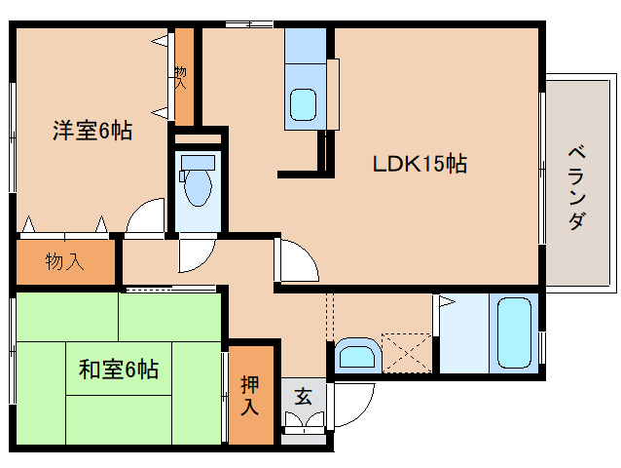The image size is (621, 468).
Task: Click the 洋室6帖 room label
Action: pyautogui.click(x=91, y=131)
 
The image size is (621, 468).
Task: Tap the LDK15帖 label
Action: pyautogui.click(x=420, y=164)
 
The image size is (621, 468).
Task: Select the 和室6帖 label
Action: pyautogui.click(x=118, y=370)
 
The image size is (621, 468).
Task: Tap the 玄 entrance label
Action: pyautogui.click(x=303, y=397)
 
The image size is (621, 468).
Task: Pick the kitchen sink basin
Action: pyautogui.click(x=304, y=102)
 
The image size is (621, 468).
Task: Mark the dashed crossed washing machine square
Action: pyautogui.click(x=406, y=351)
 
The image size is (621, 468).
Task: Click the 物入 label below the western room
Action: pyautogui.click(x=65, y=261)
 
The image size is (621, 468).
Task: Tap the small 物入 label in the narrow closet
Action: pyautogui.click(x=181, y=77)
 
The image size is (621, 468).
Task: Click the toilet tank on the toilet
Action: pyautogui.click(x=198, y=160)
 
